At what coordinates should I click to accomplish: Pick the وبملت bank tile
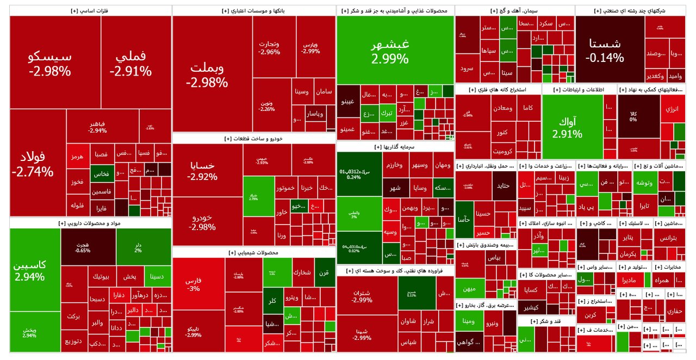tap(207, 75)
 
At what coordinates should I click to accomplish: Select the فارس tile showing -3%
tap(194, 284)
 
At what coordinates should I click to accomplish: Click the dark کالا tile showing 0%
tap(633, 116)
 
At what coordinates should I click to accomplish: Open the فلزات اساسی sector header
tap(90, 11)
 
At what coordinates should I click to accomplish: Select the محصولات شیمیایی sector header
tap(254, 253)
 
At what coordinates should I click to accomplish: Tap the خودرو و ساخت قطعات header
tap(254, 139)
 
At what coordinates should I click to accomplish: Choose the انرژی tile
tap(673, 109)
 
